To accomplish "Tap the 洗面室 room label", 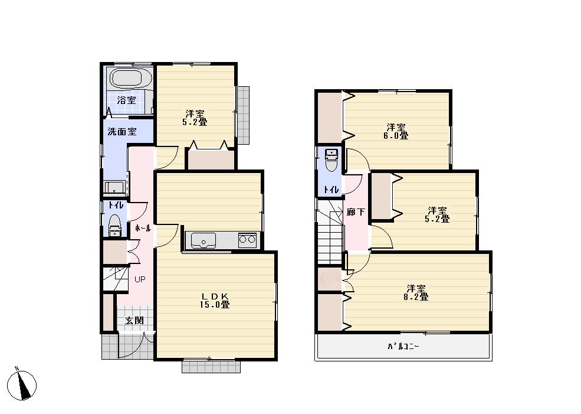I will click(122, 132).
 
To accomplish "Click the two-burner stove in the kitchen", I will click(247, 240).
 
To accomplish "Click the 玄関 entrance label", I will click(134, 320).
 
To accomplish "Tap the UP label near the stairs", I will click(139, 279).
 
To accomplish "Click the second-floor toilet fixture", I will click(331, 160).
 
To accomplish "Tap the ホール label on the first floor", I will click(143, 227).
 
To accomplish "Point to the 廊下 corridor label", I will click(356, 211).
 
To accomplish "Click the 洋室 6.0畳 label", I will click(397, 131).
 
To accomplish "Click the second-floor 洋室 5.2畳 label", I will click(438, 214).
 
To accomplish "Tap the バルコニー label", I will click(403, 347).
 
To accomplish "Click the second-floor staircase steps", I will click(330, 236).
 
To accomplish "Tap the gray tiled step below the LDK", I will click(211, 367).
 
